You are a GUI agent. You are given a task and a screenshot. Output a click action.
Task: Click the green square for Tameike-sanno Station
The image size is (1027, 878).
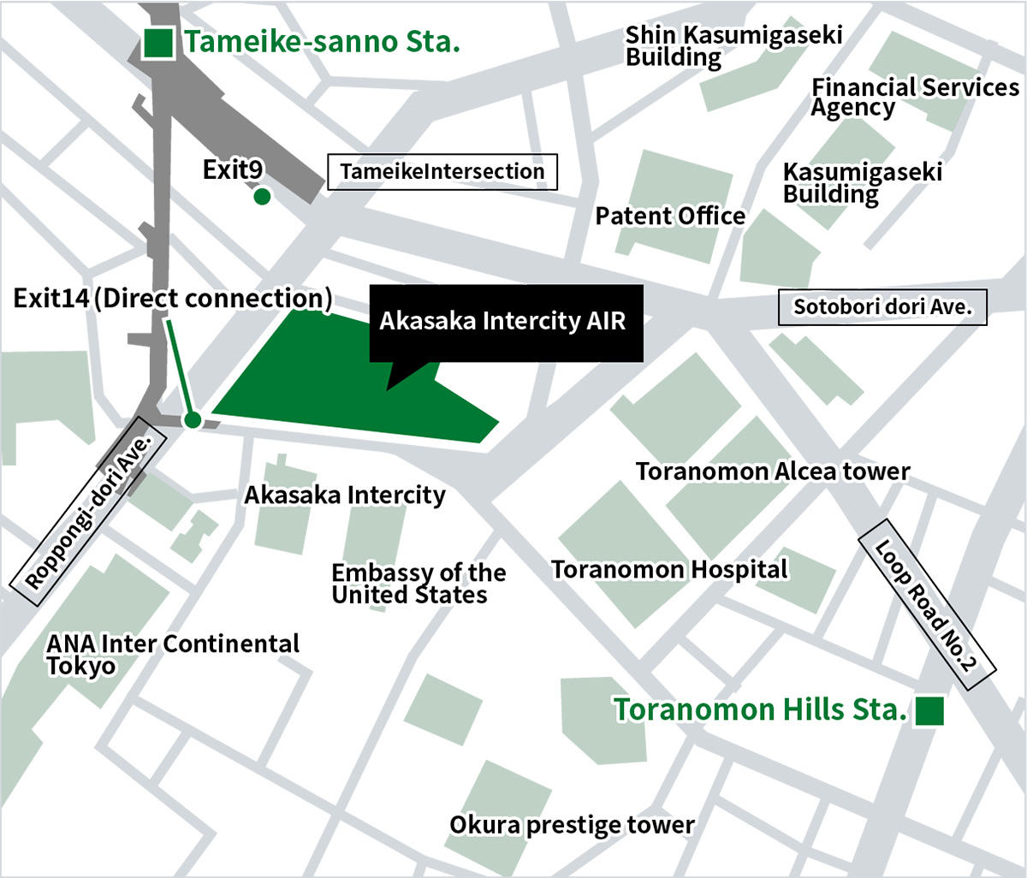159,43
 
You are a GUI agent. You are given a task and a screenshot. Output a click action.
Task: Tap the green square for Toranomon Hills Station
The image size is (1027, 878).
929,711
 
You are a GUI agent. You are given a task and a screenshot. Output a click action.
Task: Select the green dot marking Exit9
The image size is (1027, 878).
263,197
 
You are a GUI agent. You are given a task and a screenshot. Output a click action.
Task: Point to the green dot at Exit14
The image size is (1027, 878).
193,419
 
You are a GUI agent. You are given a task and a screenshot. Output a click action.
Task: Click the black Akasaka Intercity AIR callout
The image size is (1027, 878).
505,322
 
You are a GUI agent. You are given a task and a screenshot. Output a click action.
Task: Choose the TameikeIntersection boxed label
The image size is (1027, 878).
442,172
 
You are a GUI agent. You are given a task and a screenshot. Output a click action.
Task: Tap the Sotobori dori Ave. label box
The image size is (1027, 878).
882,307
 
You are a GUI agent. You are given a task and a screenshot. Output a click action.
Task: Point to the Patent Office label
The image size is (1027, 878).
670,217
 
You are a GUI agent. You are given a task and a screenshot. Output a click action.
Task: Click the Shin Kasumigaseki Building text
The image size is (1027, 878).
733,46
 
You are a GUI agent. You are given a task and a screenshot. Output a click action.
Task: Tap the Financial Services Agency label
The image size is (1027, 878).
914,98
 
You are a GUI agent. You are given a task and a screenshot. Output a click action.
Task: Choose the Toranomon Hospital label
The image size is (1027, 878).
669,570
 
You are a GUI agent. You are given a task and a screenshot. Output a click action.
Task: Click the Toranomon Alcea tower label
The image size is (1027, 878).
772,472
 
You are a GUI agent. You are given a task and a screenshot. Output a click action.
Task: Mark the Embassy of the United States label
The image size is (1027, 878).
419,584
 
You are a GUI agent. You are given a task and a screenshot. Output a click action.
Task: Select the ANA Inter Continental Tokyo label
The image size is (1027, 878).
173,655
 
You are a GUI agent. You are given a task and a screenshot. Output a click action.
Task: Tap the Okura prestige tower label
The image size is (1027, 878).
572,825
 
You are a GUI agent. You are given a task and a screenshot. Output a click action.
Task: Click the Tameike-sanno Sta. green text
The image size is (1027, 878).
323,42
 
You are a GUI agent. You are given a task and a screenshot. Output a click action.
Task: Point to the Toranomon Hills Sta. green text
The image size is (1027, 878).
759,710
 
